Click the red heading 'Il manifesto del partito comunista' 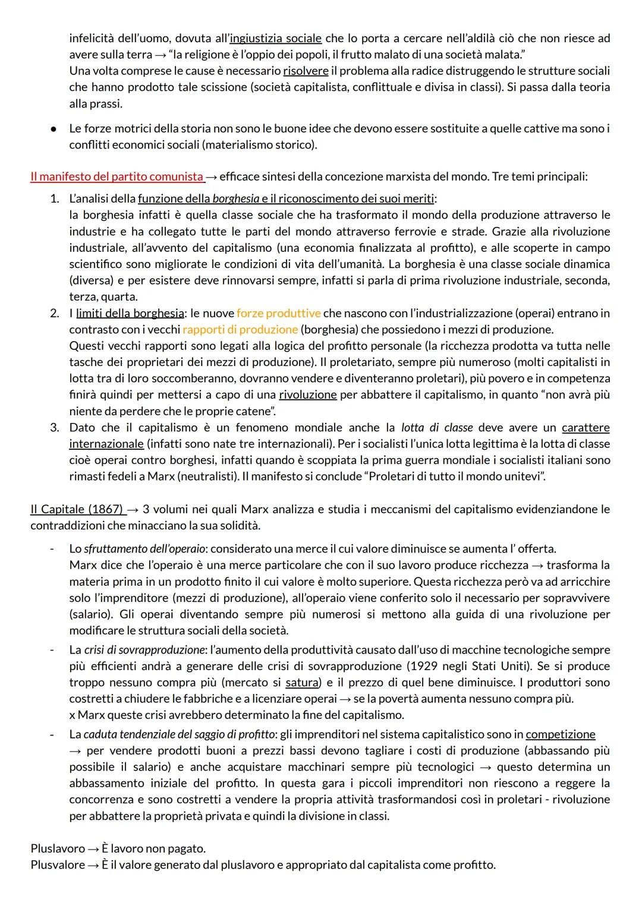coord(117,176)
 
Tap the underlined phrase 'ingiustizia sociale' coord(275,38)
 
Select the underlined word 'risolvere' coord(306,71)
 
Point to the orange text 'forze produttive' coord(278,312)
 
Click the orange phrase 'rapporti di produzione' coord(240,329)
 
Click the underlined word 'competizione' coord(560,734)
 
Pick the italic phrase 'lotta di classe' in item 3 coord(437,427)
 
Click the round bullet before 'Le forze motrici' coord(53,128)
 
